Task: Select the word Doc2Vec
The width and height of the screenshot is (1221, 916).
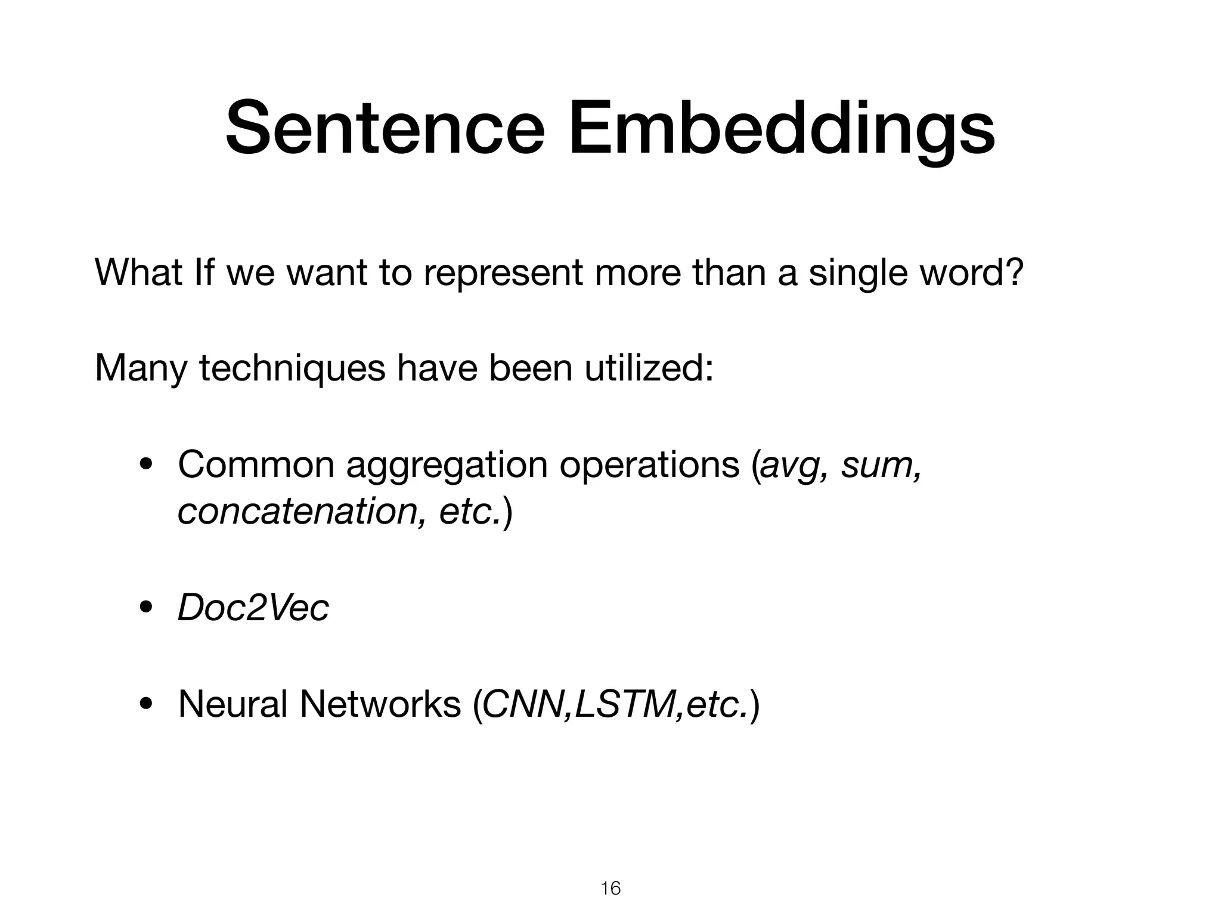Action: [x=253, y=608]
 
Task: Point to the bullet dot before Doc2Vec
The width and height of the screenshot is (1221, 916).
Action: [x=145, y=609]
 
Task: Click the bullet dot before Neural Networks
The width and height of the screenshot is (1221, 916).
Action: [x=145, y=705]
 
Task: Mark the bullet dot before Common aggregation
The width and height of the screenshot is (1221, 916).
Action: [x=145, y=466]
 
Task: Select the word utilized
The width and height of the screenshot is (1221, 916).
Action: [x=646, y=368]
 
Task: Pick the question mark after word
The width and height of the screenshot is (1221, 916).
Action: [x=1014, y=273]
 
